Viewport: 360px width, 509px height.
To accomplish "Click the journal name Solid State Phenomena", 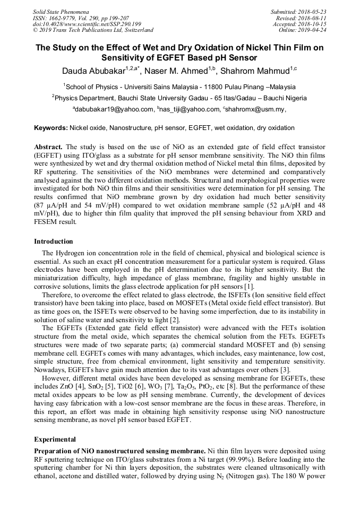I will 61,12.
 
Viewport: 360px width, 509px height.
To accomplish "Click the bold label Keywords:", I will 50,128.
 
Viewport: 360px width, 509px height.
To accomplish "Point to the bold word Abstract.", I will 48,146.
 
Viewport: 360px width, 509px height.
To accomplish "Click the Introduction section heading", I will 54,241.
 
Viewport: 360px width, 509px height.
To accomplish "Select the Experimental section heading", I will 55,439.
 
